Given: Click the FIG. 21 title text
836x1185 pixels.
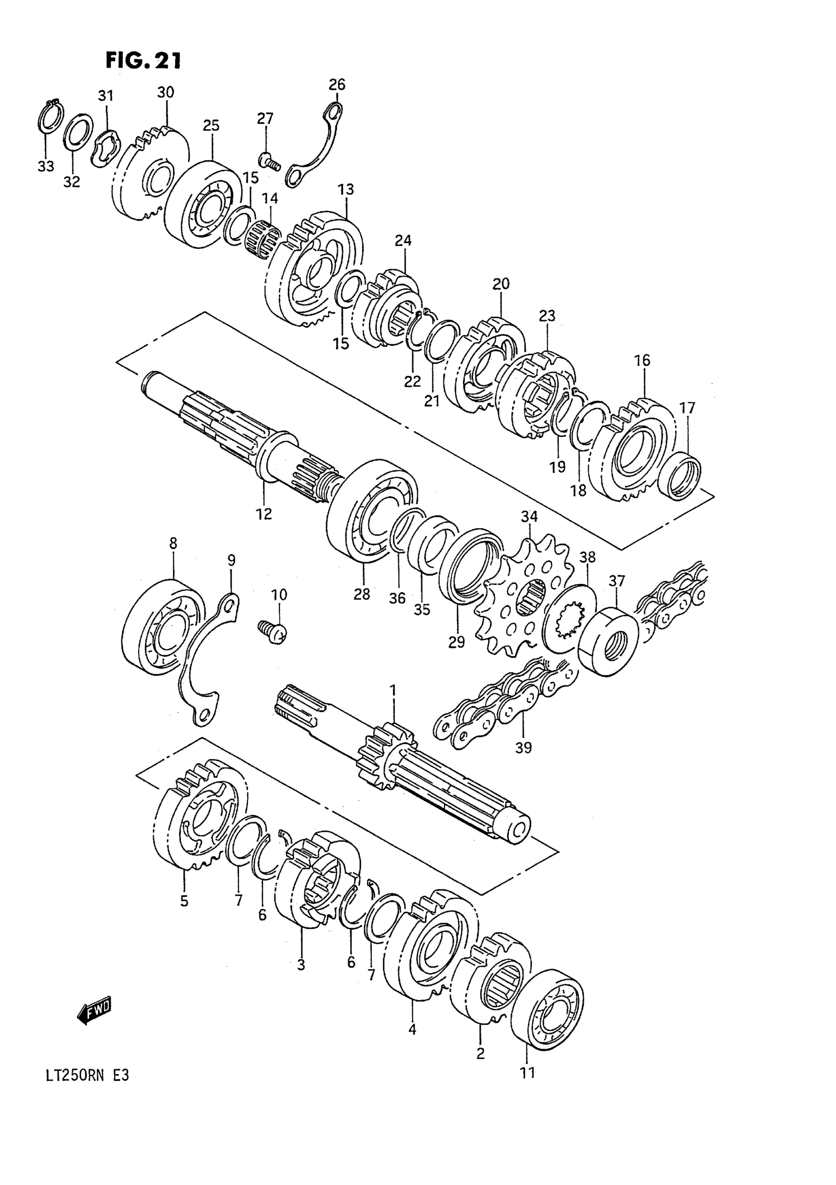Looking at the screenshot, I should coord(144,61).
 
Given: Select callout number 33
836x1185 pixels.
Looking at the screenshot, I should coord(45,166).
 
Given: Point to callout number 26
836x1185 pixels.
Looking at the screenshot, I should coord(336,84).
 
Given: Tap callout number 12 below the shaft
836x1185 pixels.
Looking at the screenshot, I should coord(264,514).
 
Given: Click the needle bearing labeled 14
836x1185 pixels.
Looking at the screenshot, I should coord(263,240).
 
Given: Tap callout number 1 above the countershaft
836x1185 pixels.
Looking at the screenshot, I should coord(393,690).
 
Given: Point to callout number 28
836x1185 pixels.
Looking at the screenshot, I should coord(362,595).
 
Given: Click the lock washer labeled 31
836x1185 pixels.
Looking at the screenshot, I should coord(106,149).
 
